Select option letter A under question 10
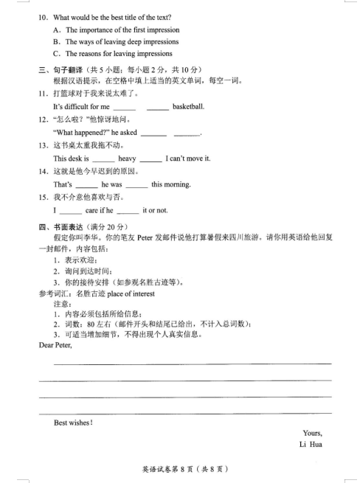coord(57,29)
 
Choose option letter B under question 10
coord(57,41)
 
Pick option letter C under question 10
coord(57,53)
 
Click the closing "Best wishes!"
coord(74,423)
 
